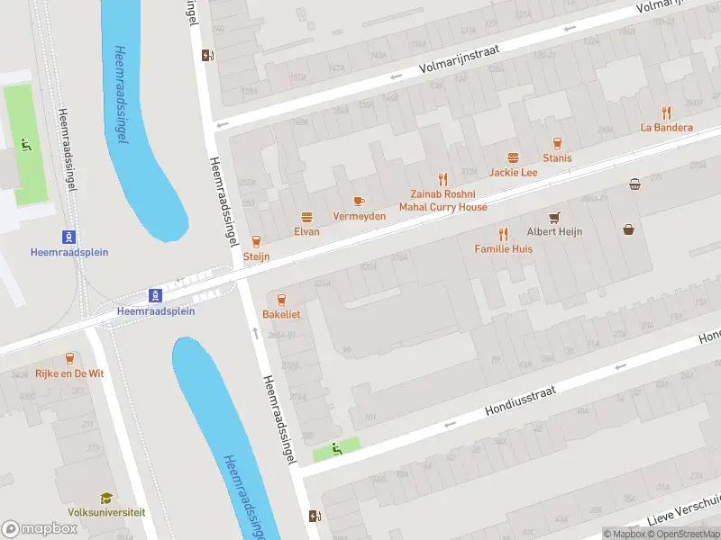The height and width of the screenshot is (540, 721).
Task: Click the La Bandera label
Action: click(x=666, y=127)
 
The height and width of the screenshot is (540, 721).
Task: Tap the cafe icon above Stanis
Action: click(x=556, y=142)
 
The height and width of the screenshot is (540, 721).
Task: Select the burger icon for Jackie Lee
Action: click(x=514, y=157)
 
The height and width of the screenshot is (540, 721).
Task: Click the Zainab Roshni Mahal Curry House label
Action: click(x=443, y=201)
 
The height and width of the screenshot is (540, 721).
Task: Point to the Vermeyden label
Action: click(x=359, y=216)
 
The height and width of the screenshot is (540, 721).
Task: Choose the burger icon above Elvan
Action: click(x=306, y=216)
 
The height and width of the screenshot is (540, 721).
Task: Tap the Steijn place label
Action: click(x=256, y=256)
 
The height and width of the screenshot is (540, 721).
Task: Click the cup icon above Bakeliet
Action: click(x=281, y=300)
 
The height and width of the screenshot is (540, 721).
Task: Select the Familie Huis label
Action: click(x=503, y=248)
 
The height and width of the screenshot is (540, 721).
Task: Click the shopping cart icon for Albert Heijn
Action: click(x=554, y=217)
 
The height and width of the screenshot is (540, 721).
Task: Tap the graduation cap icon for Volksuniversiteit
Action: click(x=106, y=498)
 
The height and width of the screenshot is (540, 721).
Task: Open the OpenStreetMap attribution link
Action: click(x=685, y=534)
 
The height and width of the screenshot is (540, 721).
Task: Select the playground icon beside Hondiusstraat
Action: click(x=337, y=448)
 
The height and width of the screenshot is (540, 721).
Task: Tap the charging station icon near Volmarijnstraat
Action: click(x=208, y=55)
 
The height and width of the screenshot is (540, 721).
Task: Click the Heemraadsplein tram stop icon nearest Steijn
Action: click(x=156, y=295)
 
